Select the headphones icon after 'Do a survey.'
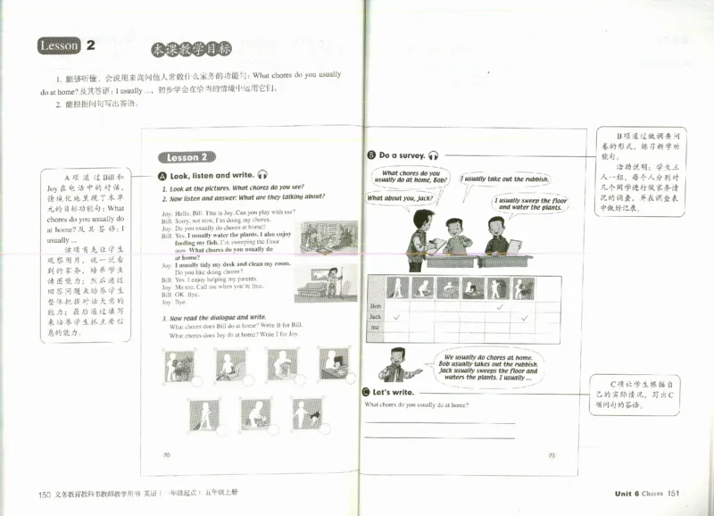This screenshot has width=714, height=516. (x=433, y=155)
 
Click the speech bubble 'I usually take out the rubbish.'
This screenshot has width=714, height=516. (x=505, y=179)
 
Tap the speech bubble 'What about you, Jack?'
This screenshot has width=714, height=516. (x=400, y=198)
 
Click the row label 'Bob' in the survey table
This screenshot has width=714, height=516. (x=375, y=305)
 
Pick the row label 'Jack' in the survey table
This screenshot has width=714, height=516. (x=376, y=317)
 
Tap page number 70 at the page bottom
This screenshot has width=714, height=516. (x=166, y=454)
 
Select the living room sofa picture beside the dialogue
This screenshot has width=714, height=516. (x=316, y=237)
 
